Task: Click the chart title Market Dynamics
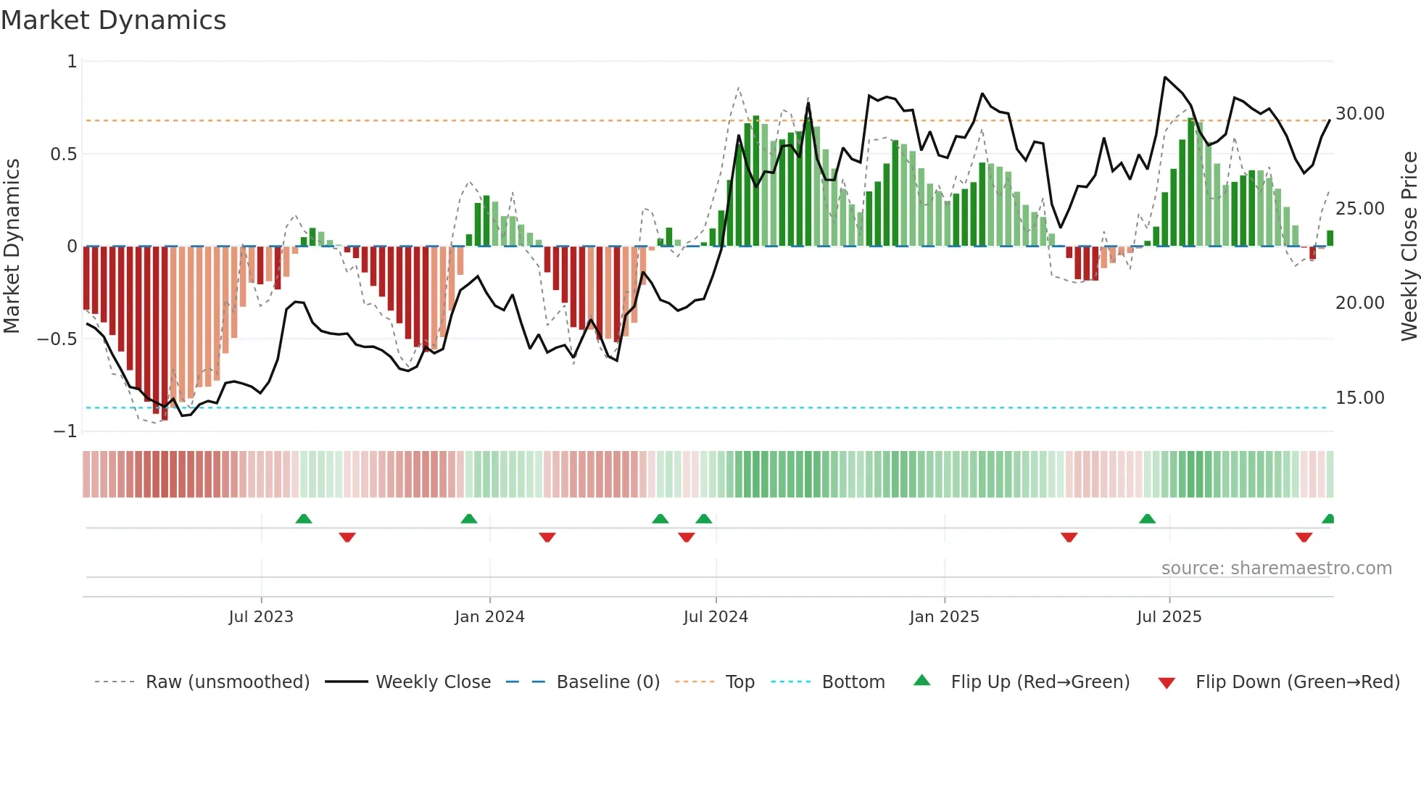click(113, 20)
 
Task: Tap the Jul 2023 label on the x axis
click(261, 617)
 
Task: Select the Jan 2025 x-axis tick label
click(944, 617)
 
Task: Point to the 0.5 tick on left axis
click(64, 154)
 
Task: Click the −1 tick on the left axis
click(65, 431)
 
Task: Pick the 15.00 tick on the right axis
click(1359, 398)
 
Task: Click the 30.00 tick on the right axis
click(1359, 114)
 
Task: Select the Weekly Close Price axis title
click(1409, 247)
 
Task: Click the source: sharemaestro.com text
click(1276, 568)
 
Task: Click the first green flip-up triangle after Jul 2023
click(304, 519)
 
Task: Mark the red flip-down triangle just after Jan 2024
click(547, 537)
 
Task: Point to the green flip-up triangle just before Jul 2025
click(1147, 519)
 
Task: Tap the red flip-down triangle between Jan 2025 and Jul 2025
click(1069, 537)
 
